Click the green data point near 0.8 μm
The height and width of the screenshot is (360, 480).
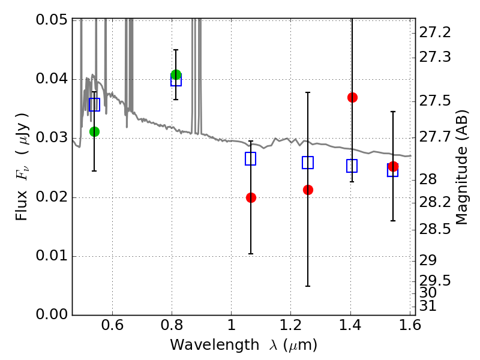pyautogui.click(x=176, y=75)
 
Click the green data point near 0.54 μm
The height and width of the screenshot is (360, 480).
pyautogui.click(x=94, y=131)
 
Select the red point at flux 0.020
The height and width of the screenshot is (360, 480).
pyautogui.click(x=251, y=197)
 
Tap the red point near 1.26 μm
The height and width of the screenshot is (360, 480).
pyautogui.click(x=308, y=190)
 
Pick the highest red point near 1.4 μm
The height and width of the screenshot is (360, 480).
pyautogui.click(x=352, y=97)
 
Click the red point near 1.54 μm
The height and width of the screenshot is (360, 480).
pyautogui.click(x=393, y=166)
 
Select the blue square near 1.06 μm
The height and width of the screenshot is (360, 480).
pyautogui.click(x=251, y=158)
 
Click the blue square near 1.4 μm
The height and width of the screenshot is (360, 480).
pyautogui.click(x=352, y=166)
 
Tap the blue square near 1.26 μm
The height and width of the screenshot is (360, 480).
pyautogui.click(x=308, y=163)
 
